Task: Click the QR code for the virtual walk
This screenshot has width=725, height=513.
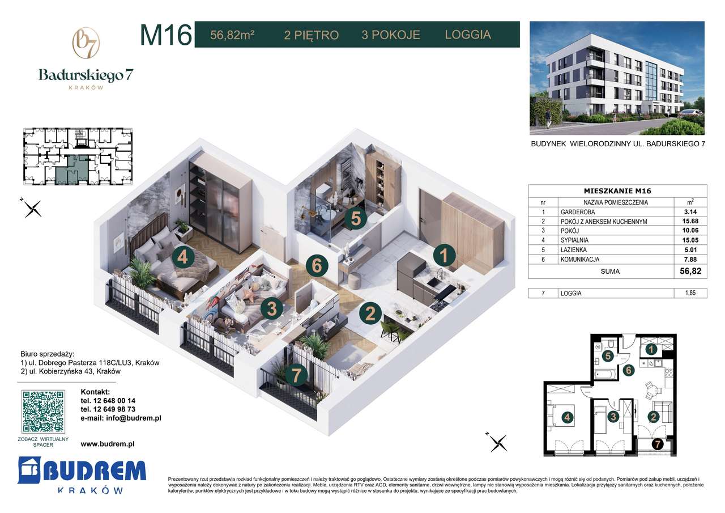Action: click(43, 412)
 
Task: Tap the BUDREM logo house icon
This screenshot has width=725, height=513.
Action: click(29, 470)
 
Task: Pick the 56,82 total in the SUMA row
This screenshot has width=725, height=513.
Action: click(690, 271)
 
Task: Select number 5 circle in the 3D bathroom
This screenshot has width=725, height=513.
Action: click(355, 218)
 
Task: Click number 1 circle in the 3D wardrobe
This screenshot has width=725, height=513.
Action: click(445, 256)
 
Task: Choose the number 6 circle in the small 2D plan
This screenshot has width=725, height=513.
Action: click(628, 371)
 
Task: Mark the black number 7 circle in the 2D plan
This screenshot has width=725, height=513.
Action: click(657, 444)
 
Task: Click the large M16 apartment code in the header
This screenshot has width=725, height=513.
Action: click(165, 35)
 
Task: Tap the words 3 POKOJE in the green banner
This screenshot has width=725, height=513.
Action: click(391, 35)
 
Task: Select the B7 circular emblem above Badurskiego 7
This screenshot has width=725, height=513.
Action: click(86, 44)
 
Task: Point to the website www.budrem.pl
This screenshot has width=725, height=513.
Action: click(108, 445)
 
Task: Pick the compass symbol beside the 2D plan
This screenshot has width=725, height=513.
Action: click(498, 442)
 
